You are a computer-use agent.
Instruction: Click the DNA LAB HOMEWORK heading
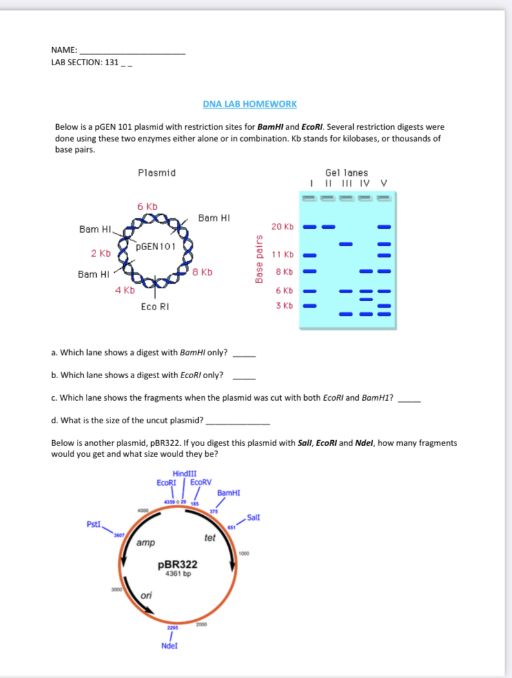click(x=249, y=104)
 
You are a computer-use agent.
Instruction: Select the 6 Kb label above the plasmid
click(x=148, y=206)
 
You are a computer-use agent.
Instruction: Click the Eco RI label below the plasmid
click(x=156, y=307)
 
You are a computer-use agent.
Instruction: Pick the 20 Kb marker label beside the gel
click(x=282, y=227)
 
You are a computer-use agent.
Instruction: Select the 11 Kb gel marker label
click(x=283, y=254)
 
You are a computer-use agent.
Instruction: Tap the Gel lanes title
click(x=347, y=173)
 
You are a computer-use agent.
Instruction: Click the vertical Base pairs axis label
click(x=260, y=259)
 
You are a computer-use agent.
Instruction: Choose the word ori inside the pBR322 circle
click(x=146, y=595)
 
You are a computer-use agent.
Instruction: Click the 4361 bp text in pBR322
click(x=178, y=573)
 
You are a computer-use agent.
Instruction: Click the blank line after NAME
click(x=132, y=51)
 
